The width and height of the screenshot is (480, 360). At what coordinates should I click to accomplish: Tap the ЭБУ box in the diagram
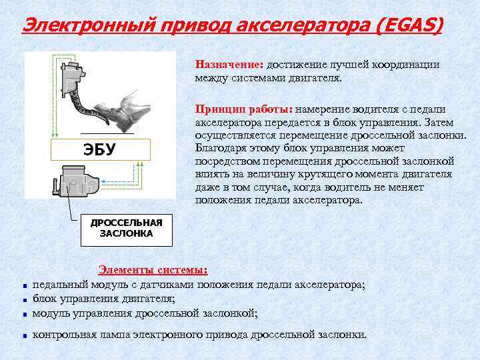click(x=99, y=149)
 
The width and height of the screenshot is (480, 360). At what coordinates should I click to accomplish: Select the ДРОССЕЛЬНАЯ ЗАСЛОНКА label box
click(x=127, y=229)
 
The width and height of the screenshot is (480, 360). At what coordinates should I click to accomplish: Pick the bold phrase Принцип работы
click(x=243, y=109)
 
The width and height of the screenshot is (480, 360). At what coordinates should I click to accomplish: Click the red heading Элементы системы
click(x=153, y=270)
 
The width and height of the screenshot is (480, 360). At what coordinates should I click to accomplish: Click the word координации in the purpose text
click(x=407, y=65)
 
